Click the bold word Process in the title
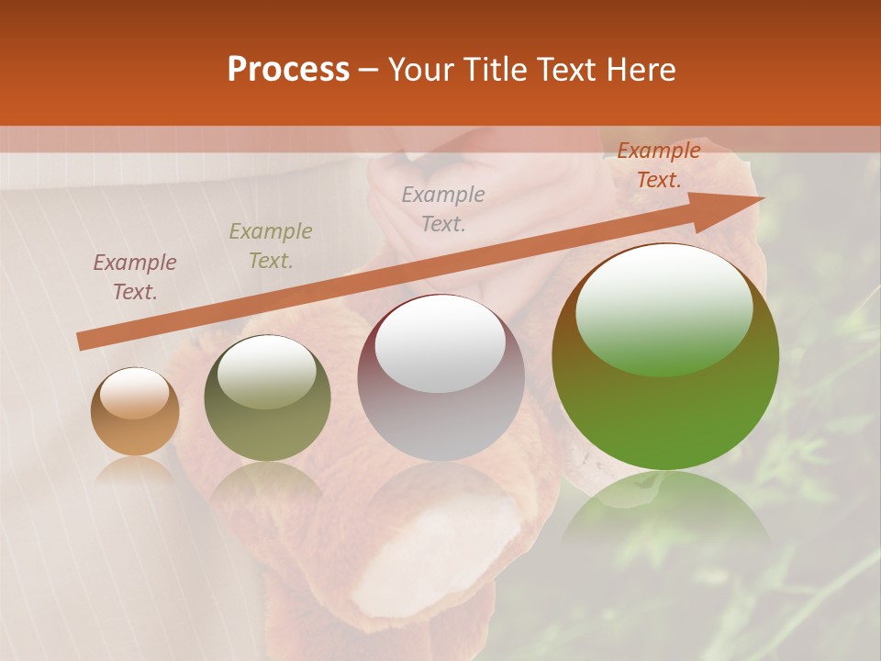tap(288, 70)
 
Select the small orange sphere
tap(135, 412)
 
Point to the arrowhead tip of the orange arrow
tap(762, 199)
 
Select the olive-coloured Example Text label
tap(271, 246)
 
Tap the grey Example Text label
tap(443, 208)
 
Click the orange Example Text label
tap(659, 165)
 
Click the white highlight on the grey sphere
tap(440, 343)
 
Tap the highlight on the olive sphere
tap(267, 371)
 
